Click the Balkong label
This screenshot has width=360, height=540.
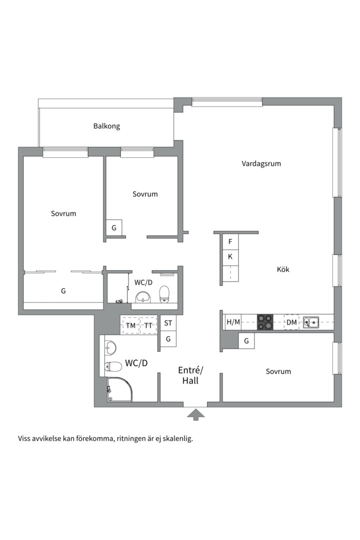[x=106, y=126]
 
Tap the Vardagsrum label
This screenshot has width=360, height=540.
[x=261, y=163]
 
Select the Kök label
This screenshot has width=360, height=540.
[x=283, y=269]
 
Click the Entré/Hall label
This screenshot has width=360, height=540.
[x=191, y=375]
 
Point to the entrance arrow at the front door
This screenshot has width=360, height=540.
[x=196, y=413]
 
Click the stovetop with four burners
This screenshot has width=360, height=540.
[x=265, y=322]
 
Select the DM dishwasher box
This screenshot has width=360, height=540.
[x=291, y=322]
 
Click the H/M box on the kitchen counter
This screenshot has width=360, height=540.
[x=233, y=322]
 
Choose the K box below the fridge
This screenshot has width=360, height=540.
[x=230, y=257]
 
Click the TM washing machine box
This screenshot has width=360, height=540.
[x=130, y=325]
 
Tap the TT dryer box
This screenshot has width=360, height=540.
[x=148, y=325]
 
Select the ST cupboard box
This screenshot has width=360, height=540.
[x=168, y=323]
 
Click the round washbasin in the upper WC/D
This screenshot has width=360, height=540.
[x=144, y=297]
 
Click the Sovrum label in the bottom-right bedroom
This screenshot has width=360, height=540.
[x=278, y=371]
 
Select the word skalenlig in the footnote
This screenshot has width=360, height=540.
[x=176, y=439]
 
